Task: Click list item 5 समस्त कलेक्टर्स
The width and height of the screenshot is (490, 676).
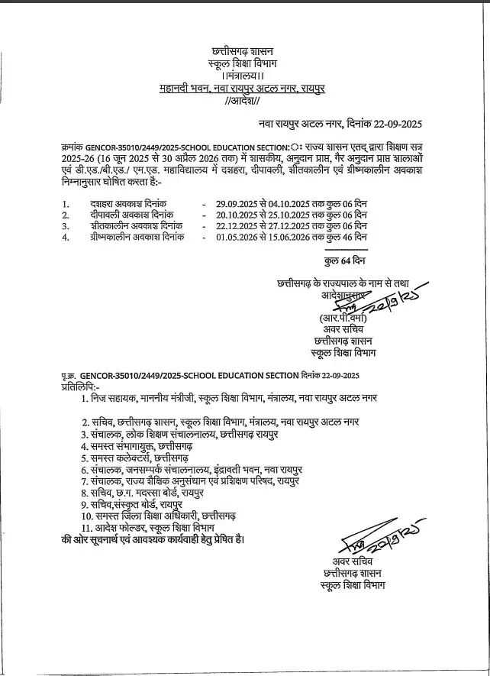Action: tap(137, 457)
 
